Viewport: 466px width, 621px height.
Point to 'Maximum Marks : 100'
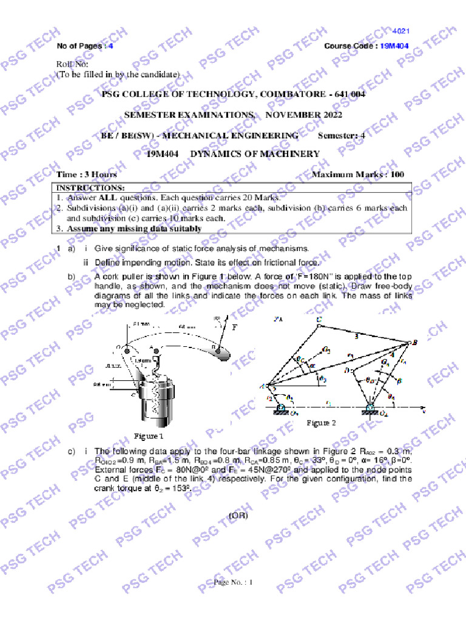tap(357, 175)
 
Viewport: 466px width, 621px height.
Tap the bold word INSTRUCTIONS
tap(90, 188)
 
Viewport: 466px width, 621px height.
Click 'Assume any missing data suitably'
tap(134, 229)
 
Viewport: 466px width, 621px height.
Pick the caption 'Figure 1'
tap(149, 435)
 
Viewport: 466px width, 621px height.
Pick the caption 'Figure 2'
tap(321, 422)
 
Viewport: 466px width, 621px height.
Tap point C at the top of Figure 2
tap(320, 319)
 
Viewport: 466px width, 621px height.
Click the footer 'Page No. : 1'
tap(232, 582)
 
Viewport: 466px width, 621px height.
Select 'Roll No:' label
tap(72, 64)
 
